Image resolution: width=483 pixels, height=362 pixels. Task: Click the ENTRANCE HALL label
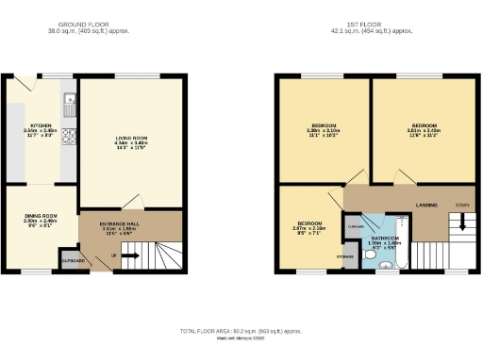(x=120, y=226)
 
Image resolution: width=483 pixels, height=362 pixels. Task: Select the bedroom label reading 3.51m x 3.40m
(x=424, y=129)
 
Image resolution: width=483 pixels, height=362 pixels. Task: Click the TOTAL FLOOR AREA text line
(x=241, y=332)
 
